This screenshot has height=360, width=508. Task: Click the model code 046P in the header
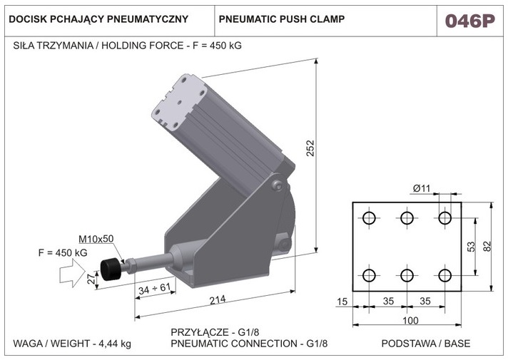[469, 20]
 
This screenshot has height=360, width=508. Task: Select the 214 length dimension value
[217, 299]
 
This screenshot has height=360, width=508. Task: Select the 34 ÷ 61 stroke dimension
[154, 288]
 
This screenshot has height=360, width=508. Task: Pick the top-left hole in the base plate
[369, 217]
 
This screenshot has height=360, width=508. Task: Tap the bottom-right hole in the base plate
[445, 275]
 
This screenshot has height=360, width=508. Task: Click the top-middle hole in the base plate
[407, 217]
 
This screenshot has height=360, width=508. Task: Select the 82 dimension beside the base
[487, 246]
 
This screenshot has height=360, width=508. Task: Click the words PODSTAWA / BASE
[426, 344]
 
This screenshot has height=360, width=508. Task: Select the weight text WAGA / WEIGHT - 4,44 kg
[73, 344]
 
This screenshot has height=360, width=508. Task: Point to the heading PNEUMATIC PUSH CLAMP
[282, 19]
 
